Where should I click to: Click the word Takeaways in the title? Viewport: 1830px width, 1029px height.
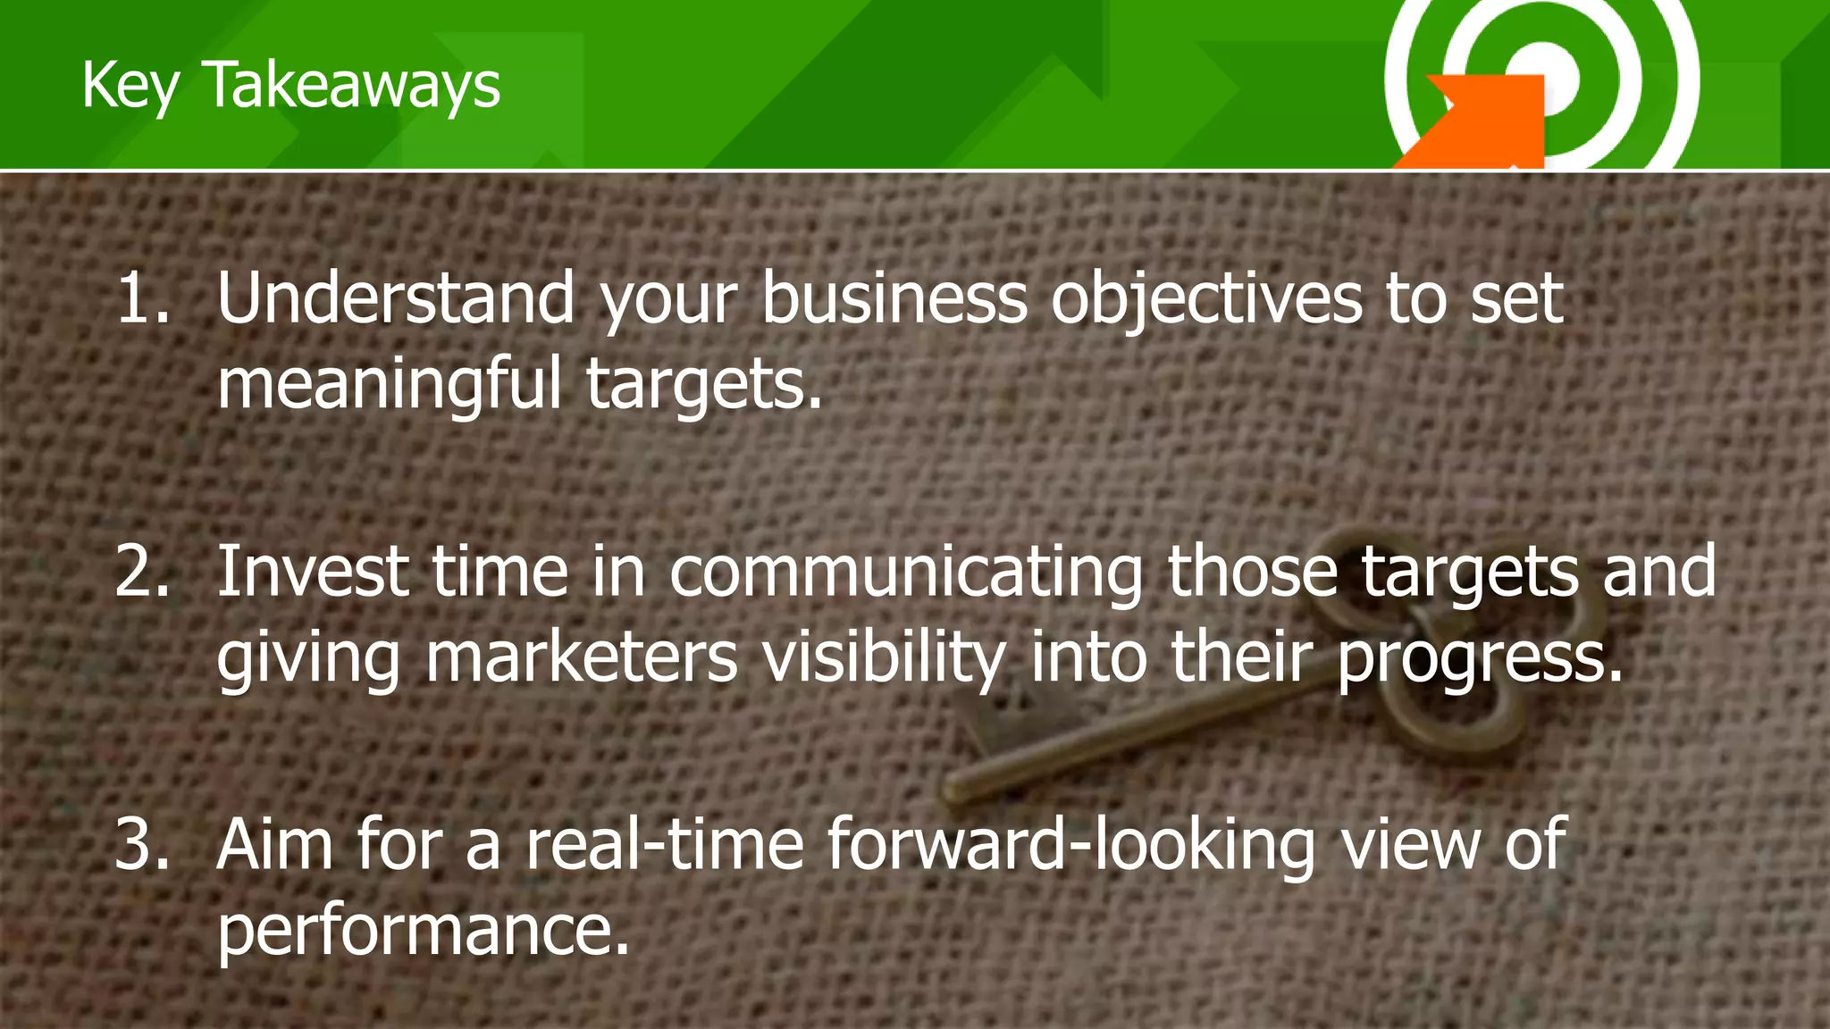pyautogui.click(x=353, y=86)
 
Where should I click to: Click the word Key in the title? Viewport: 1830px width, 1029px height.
pyautogui.click(x=130, y=86)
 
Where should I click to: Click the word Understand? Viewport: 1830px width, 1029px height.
pyautogui.click(x=396, y=298)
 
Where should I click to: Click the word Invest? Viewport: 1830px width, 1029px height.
pyautogui.click(x=314, y=572)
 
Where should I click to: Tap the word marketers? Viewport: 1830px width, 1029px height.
pyautogui.click(x=582, y=657)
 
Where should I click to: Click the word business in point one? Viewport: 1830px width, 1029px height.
pyautogui.click(x=894, y=298)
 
